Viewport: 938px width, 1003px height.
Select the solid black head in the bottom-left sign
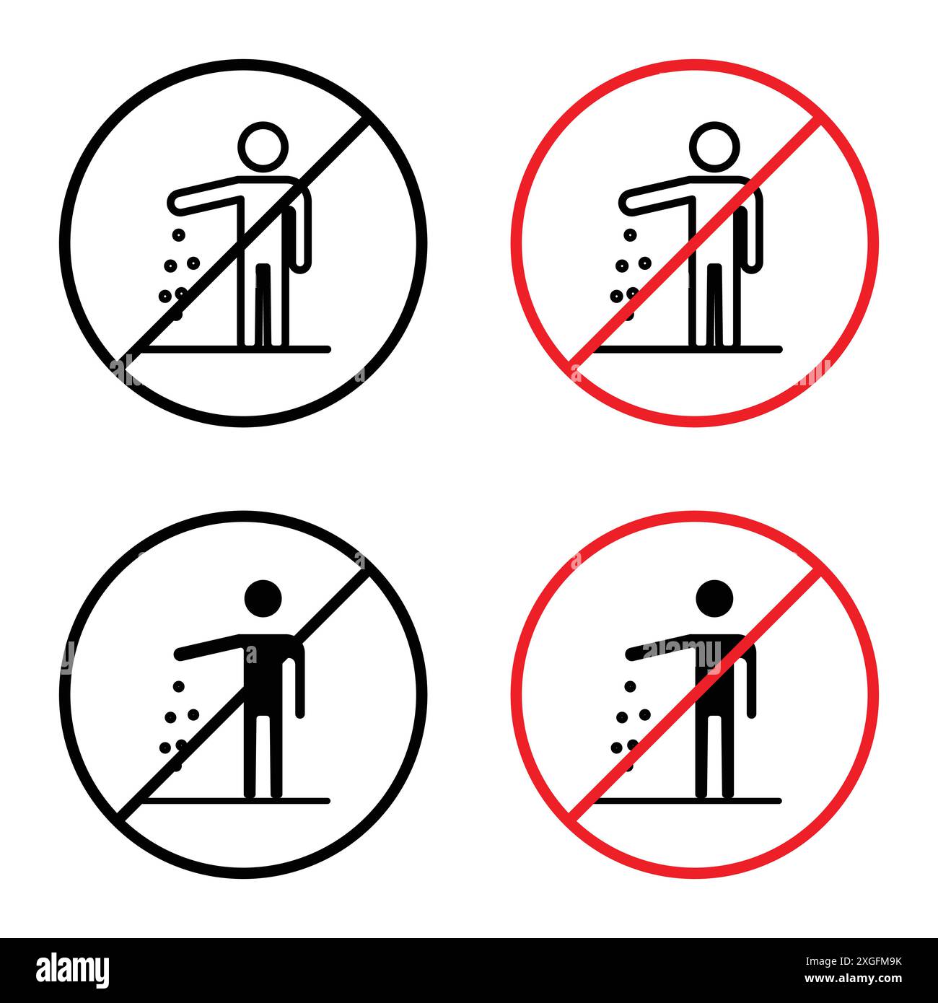tap(263, 598)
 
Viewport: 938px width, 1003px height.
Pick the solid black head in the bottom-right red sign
tap(715, 598)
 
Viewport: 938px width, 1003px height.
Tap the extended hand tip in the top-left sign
tap(175, 203)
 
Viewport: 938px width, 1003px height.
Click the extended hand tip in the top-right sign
tap(626, 203)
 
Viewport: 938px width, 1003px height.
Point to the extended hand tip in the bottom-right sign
tap(631, 654)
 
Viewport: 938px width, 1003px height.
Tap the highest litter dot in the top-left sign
tap(176, 235)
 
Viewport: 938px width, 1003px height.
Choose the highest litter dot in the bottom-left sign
tap(178, 686)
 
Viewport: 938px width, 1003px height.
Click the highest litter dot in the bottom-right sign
tap(630, 686)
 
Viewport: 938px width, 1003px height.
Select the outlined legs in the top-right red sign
tap(715, 303)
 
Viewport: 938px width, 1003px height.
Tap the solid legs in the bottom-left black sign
tap(263, 754)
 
